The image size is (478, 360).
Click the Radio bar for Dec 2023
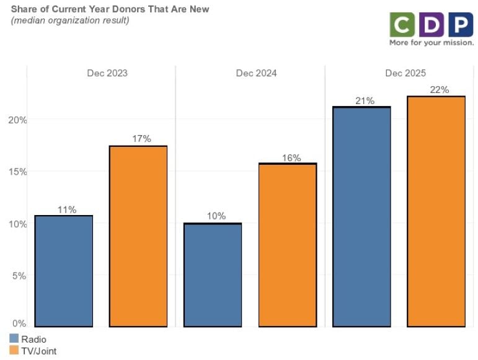point(64,271)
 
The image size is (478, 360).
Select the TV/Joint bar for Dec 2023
point(138,236)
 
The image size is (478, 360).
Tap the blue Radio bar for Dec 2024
point(213,274)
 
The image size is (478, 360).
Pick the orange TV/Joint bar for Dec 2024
point(287,245)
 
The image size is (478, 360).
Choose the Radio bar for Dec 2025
point(362,216)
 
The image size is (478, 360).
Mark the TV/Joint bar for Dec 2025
point(436,211)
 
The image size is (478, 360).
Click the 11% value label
point(64,210)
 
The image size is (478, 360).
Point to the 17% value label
point(141,139)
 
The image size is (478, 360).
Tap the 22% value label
point(439,90)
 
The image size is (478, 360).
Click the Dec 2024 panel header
point(256,73)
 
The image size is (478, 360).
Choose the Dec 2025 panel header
point(405,73)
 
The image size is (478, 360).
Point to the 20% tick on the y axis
point(17,120)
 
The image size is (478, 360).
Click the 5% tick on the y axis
point(19,276)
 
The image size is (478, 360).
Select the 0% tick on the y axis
point(19,323)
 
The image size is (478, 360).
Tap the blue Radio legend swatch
point(14,339)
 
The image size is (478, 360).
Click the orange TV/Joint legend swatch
point(14,351)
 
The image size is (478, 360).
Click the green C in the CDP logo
point(402,24)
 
